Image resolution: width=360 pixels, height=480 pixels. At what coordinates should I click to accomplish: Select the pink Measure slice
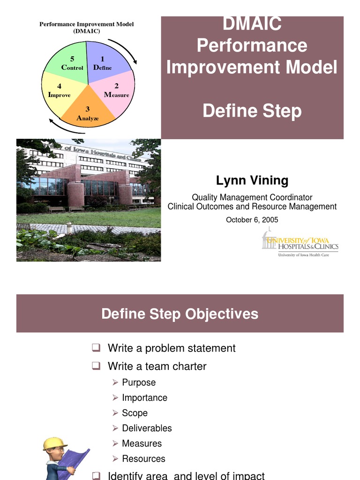117,94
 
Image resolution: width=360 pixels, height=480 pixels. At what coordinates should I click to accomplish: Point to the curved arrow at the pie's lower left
61,127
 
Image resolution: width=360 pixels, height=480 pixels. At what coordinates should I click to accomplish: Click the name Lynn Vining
252,180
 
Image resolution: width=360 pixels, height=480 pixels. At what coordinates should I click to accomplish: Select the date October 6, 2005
252,219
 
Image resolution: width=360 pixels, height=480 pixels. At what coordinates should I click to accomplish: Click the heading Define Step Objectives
180,314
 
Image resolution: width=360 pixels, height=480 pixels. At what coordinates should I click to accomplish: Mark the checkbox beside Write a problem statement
96,348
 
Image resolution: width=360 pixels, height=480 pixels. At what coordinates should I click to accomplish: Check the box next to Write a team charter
96,366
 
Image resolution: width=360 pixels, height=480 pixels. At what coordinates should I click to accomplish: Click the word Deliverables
147,428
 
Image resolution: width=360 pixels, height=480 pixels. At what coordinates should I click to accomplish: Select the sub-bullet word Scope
135,413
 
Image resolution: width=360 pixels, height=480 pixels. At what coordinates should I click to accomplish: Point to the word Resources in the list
143,458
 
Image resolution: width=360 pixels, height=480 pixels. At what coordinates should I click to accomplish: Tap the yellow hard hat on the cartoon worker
54,443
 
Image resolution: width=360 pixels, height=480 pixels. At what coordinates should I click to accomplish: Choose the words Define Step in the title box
252,112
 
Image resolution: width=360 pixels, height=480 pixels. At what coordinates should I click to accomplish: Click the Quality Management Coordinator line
252,197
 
